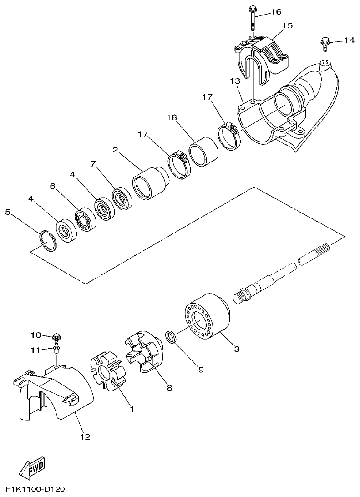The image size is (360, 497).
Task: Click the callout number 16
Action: [x=276, y=12]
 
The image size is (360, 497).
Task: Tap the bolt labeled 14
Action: [x=324, y=43]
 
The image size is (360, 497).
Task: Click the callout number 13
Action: [x=234, y=81]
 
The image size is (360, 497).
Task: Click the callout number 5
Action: [x=7, y=212]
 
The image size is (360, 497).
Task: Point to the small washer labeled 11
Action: [x=56, y=349]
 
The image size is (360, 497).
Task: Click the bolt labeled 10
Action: [x=56, y=337]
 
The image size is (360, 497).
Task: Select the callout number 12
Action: [x=85, y=437]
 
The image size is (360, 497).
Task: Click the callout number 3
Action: [x=236, y=349]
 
